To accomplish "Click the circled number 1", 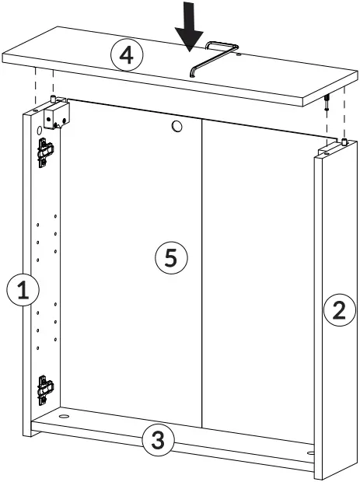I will tap(23, 291).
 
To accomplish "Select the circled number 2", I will tap(338, 312).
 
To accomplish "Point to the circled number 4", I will tap(127, 55).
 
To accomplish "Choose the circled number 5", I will tap(171, 257).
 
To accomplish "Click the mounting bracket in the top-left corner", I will tap(56, 116).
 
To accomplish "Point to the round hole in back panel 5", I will tap(177, 125).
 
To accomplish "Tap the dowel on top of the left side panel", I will tap(52, 99).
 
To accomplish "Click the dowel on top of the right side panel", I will tap(341, 142).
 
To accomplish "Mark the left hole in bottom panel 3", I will tap(61, 418).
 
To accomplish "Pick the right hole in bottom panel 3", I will tap(310, 451).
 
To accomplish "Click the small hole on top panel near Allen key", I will tap(238, 54).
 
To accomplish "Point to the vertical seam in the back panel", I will tap(203, 272).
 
